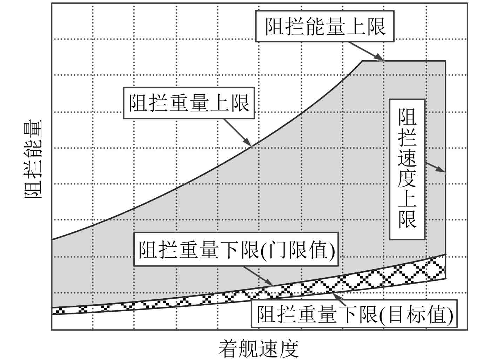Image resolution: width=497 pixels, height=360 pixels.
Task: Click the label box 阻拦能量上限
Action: tap(325, 26)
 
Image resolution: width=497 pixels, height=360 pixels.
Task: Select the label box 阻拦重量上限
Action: tap(189, 103)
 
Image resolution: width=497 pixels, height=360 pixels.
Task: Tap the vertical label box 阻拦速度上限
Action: tap(407, 169)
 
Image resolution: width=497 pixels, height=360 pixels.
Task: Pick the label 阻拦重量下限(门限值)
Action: tap(236, 250)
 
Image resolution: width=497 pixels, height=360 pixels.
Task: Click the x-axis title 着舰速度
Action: tap(259, 348)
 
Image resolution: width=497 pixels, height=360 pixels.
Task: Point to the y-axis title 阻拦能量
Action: tap(33, 159)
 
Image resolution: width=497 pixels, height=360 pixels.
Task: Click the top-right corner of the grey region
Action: tap(445, 61)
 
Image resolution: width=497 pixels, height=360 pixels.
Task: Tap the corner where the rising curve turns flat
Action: tap(363, 61)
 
